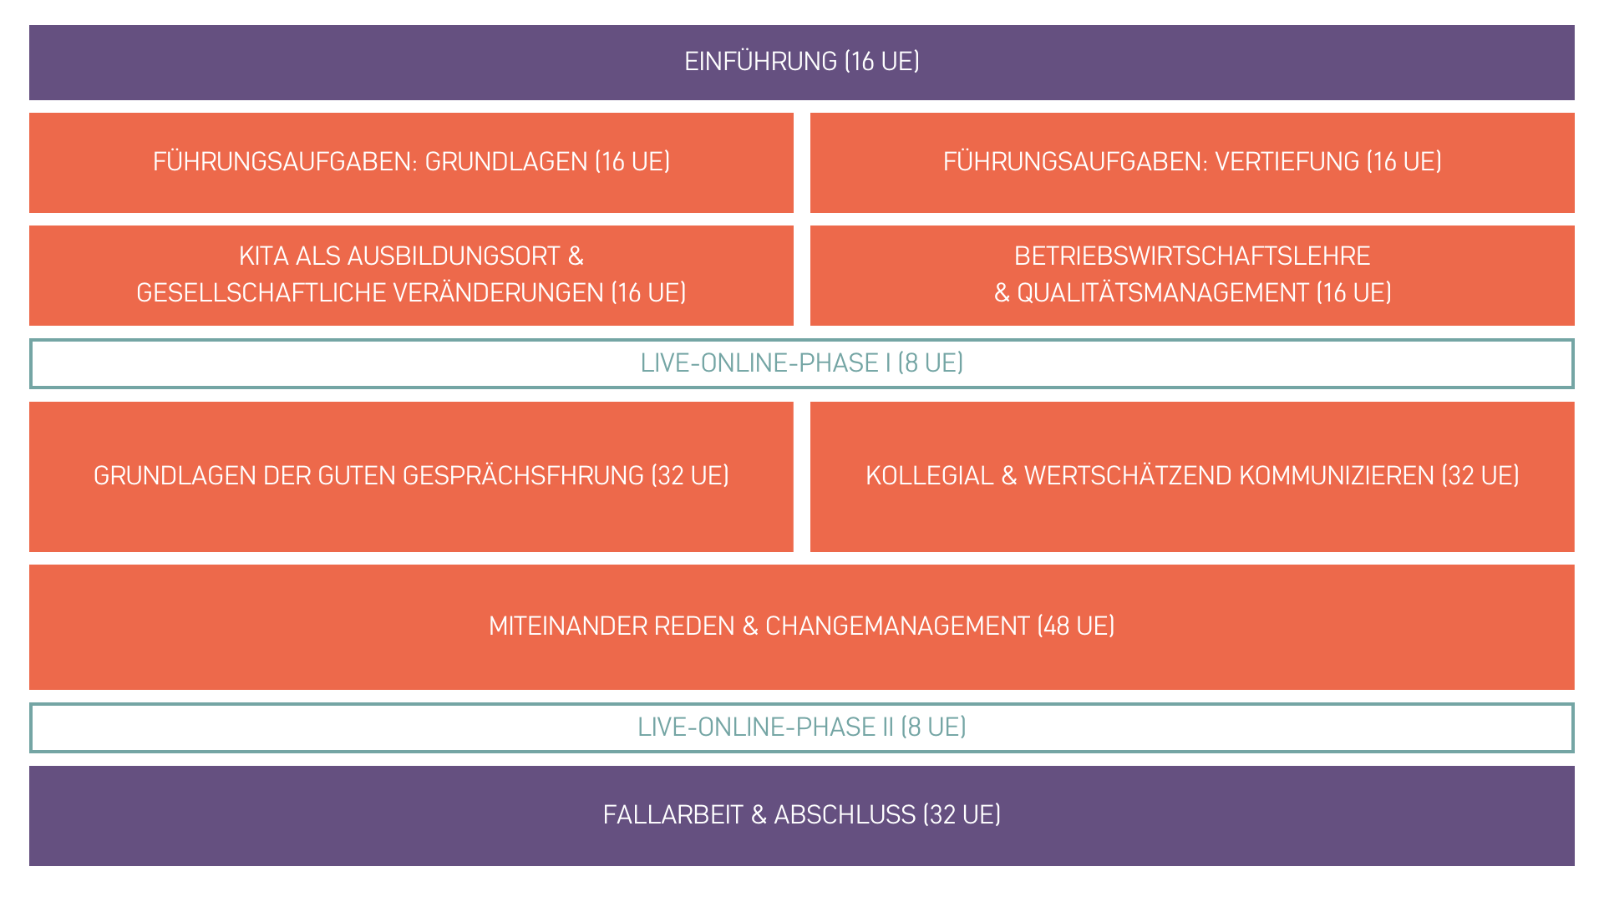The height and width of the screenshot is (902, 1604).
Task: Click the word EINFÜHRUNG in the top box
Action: [760, 62]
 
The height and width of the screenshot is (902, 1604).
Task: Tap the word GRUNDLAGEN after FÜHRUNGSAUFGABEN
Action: [505, 162]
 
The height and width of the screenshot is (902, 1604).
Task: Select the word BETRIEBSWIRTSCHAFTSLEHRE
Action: [1192, 256]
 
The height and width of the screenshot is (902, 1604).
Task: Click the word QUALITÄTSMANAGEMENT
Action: [1162, 293]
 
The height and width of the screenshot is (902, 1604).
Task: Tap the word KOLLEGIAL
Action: [929, 476]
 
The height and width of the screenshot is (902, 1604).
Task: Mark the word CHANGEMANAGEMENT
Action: [896, 626]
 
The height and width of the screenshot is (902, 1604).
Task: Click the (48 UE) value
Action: [1076, 626]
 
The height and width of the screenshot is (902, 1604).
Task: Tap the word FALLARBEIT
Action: [673, 815]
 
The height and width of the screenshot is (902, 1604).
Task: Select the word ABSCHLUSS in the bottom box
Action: [844, 815]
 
